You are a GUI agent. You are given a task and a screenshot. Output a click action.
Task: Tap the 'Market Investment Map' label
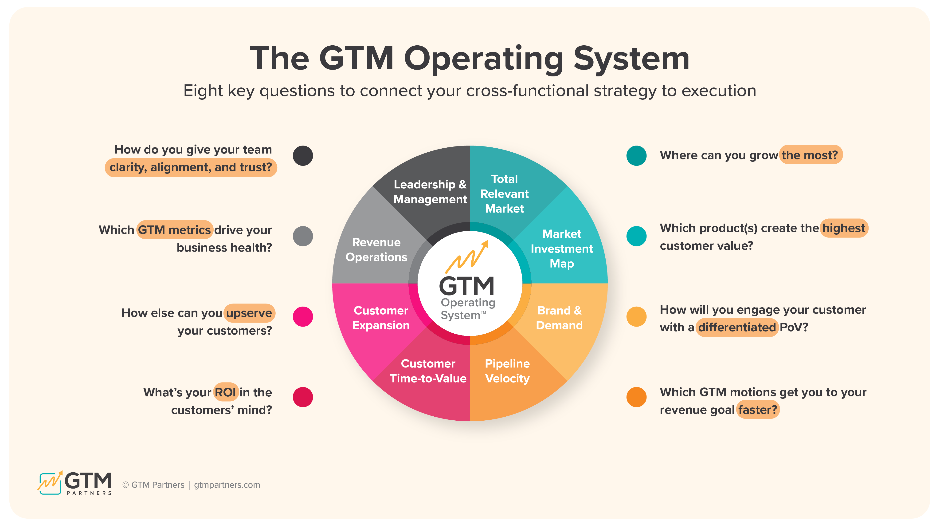click(x=562, y=249)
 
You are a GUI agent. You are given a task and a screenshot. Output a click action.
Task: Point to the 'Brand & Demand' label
click(x=559, y=318)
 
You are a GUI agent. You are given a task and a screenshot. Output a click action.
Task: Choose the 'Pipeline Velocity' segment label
click(x=507, y=371)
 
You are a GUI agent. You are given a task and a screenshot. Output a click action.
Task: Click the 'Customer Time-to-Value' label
click(x=428, y=371)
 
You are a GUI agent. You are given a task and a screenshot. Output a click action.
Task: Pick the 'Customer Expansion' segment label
click(x=381, y=318)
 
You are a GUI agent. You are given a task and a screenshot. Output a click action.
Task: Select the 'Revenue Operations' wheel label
click(x=376, y=250)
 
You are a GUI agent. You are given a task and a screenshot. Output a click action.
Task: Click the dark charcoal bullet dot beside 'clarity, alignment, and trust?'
click(x=303, y=156)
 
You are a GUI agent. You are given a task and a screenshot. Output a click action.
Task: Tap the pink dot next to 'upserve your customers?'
click(x=303, y=316)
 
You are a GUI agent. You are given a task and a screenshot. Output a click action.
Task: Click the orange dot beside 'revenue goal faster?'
click(x=636, y=397)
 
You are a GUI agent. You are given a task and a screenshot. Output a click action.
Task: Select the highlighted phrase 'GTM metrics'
click(x=174, y=230)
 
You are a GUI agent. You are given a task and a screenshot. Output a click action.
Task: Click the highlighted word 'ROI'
click(x=226, y=392)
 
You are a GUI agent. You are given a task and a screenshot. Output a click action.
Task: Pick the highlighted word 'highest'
click(x=844, y=228)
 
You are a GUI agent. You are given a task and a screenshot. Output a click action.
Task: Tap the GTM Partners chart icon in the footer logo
click(x=50, y=483)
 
